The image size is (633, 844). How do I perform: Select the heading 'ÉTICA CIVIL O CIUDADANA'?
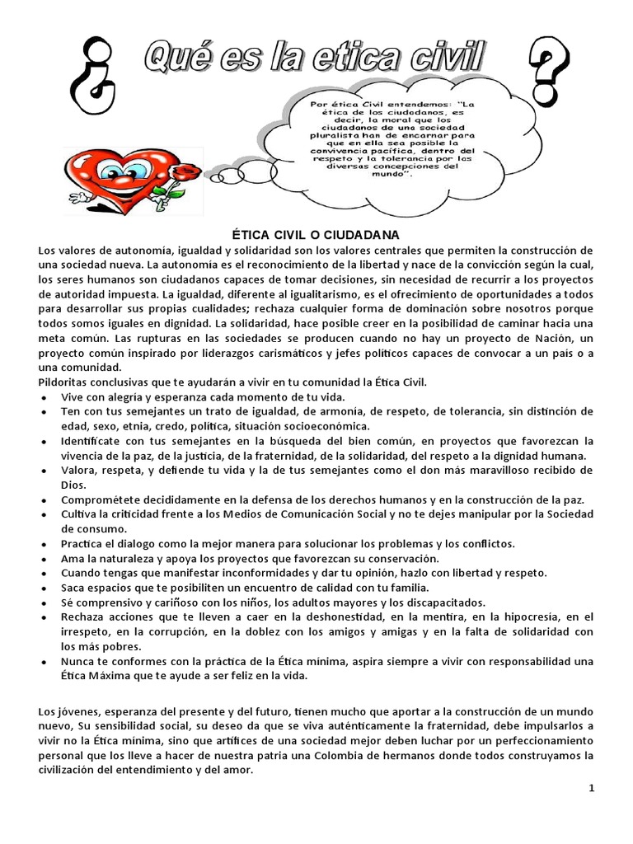point(316,236)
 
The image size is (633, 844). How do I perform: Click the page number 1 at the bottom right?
point(591,788)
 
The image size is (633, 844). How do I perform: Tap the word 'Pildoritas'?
point(63,382)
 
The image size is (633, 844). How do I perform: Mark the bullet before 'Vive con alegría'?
point(43,396)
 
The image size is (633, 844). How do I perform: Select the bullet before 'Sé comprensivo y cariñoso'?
point(43,603)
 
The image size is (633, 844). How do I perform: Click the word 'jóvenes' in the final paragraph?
point(73,710)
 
